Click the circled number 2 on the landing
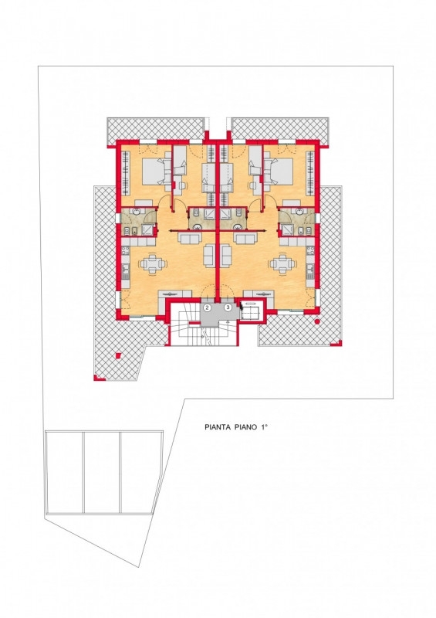click(x=208, y=306)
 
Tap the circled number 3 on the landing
click(x=228, y=306)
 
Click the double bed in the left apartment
click(x=155, y=171)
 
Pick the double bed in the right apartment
click(x=280, y=171)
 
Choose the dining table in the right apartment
click(x=282, y=263)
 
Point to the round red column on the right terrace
click(x=317, y=322)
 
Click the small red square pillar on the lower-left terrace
click(x=118, y=355)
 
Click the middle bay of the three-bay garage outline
click(x=103, y=473)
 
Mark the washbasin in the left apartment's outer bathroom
click(x=137, y=213)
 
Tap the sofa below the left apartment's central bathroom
click(x=191, y=238)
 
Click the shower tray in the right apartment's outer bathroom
click(x=287, y=229)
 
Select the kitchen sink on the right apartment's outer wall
click(x=310, y=269)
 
